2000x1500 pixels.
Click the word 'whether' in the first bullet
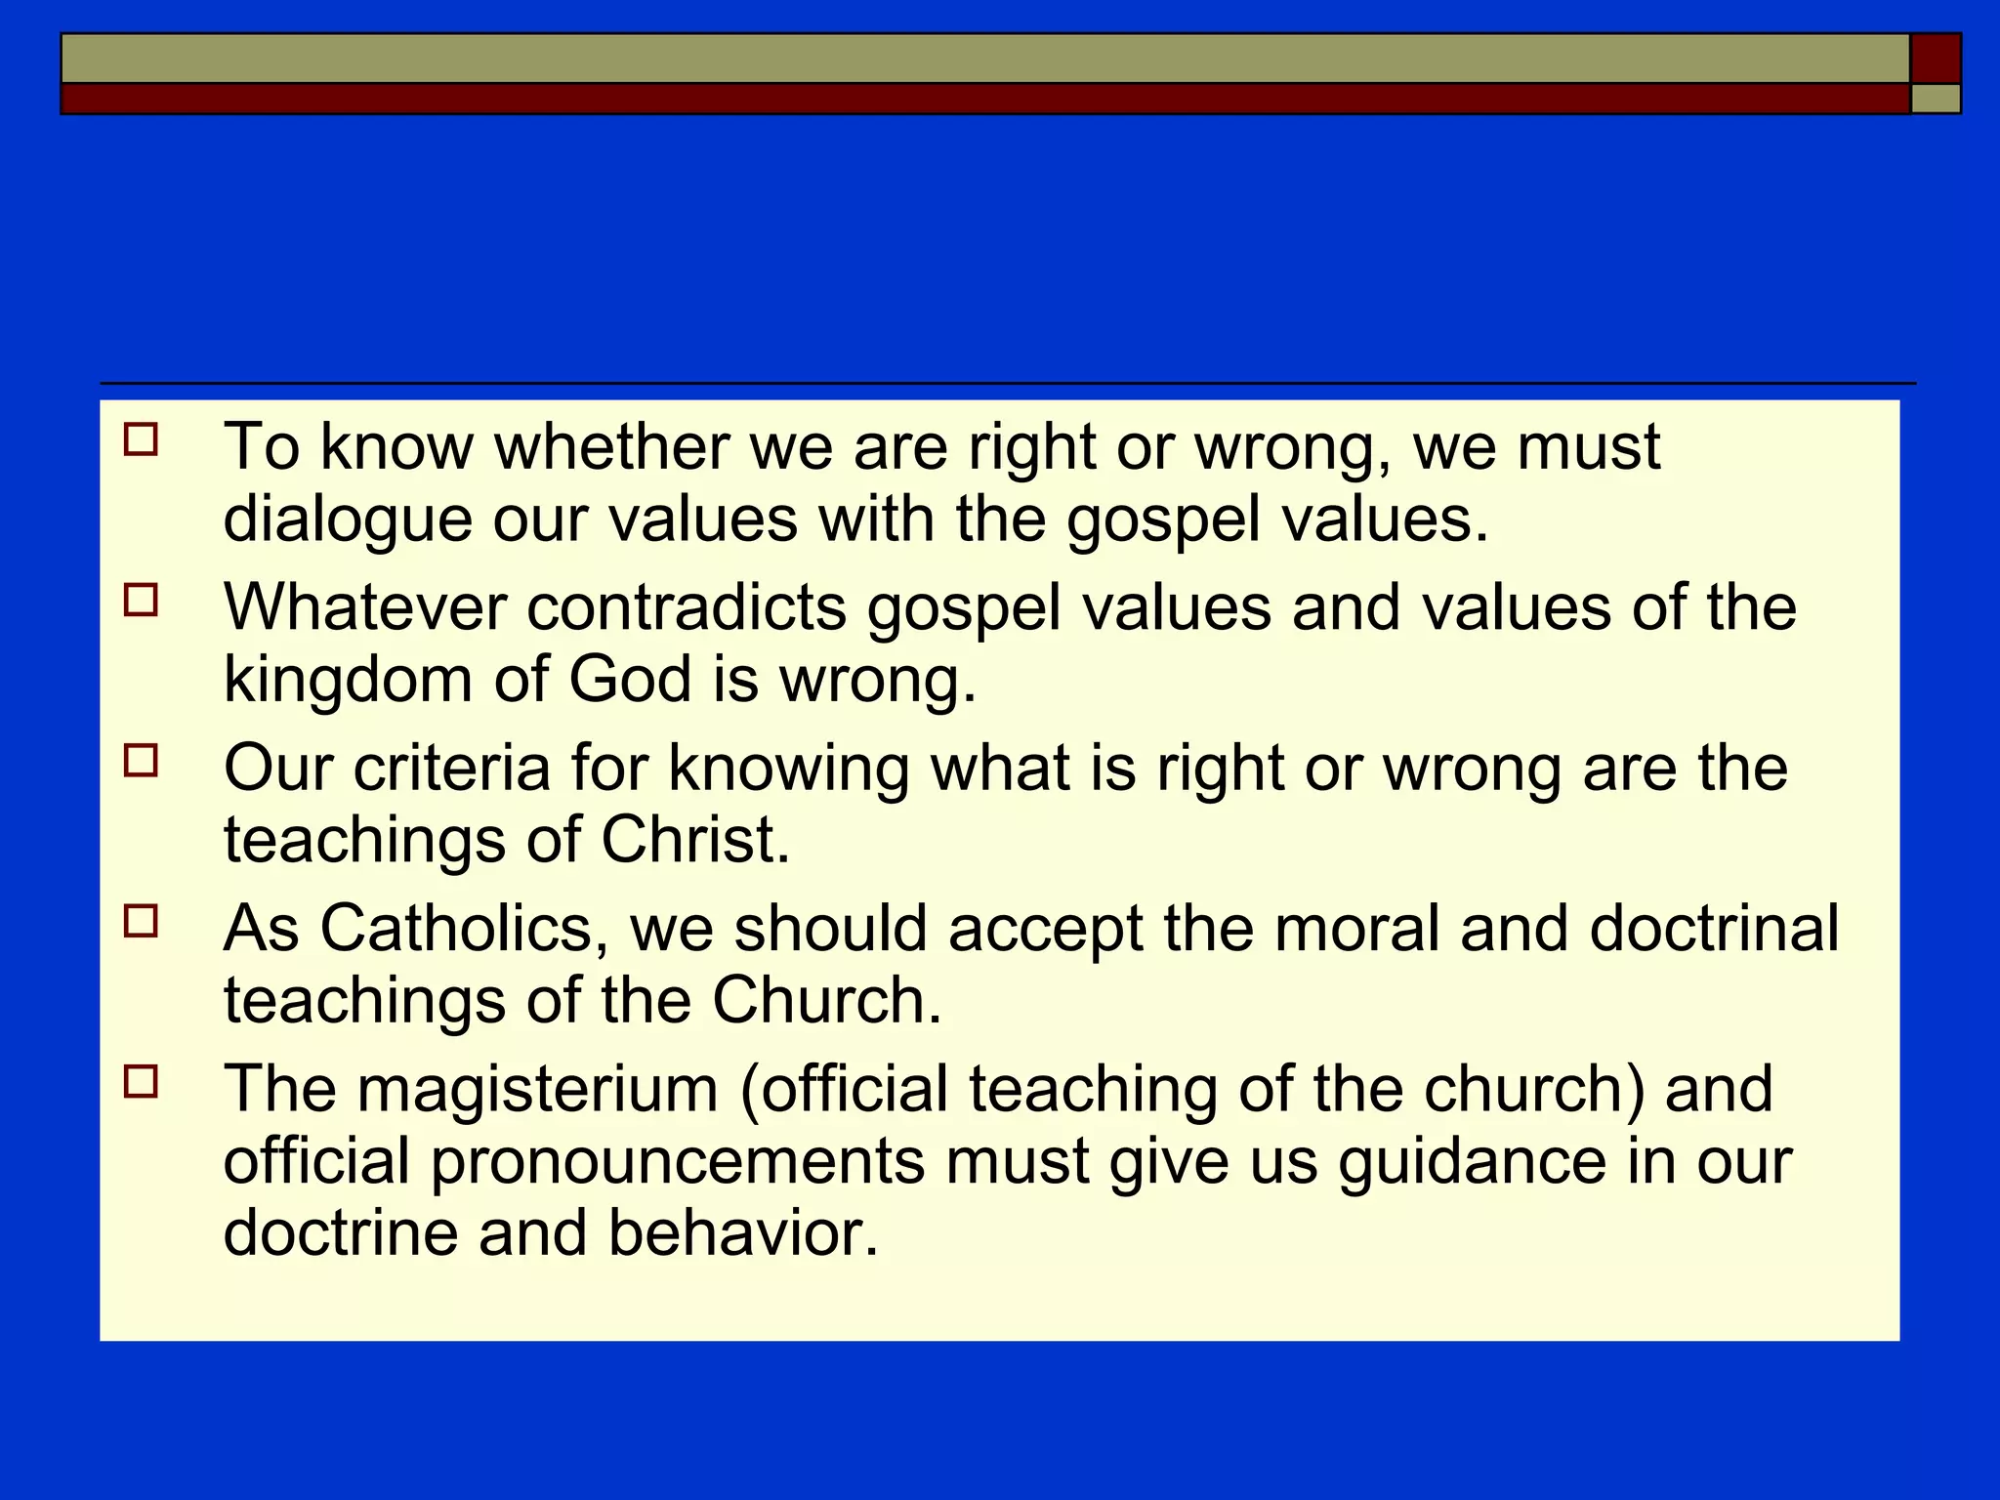(611, 446)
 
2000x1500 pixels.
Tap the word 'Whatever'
(365, 606)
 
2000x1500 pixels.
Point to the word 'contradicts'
(687, 606)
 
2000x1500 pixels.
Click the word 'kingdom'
(348, 679)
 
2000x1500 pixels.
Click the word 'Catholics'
(456, 928)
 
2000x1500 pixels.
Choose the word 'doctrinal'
(1714, 928)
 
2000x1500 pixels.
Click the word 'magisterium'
(538, 1089)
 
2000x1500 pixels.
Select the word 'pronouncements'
(678, 1161)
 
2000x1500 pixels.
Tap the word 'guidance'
(1472, 1161)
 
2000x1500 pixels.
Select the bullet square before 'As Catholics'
(141, 921)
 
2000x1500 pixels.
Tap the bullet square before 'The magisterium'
(141, 1082)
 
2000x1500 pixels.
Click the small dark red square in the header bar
(1936, 59)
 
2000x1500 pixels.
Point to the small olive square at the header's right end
(1936, 99)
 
